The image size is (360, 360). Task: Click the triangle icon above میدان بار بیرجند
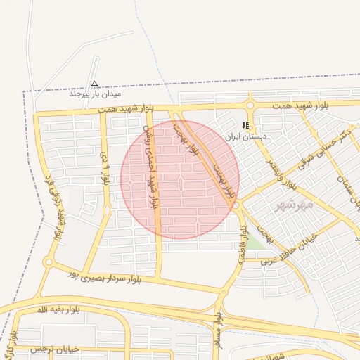tap(95, 84)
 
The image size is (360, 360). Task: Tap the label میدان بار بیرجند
tap(95, 94)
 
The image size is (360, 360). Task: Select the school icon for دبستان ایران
tap(245, 125)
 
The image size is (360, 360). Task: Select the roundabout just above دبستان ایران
tap(250, 105)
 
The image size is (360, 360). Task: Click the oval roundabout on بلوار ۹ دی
tap(107, 210)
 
